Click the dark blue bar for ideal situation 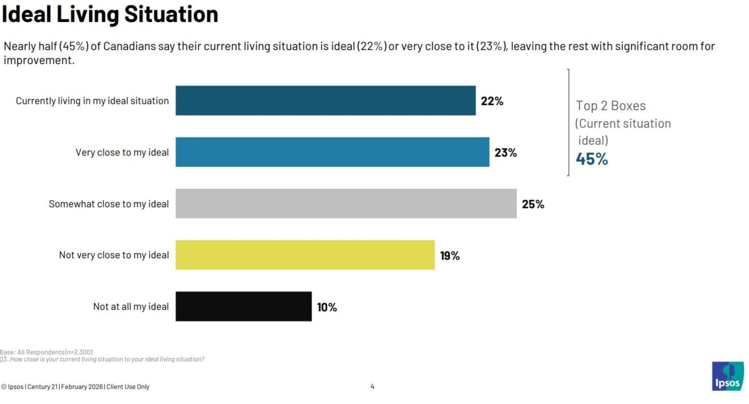[325, 100]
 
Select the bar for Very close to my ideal [332, 152]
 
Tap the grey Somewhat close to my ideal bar [346, 204]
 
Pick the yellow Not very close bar [305, 255]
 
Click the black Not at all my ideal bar [243, 306]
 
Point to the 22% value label [492, 101]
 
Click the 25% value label [533, 204]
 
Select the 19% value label [450, 255]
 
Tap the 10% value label [327, 307]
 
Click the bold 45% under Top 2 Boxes [592, 159]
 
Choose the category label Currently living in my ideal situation [92, 101]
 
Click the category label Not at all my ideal [131, 306]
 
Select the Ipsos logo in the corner [727, 376]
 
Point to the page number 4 [372, 387]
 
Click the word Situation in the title [171, 14]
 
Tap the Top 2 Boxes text [611, 106]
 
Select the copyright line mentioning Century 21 [75, 387]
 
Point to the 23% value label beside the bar [506, 153]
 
